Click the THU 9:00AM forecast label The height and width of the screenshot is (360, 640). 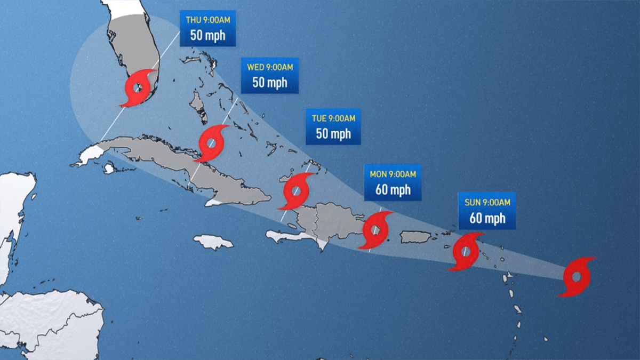click(207, 28)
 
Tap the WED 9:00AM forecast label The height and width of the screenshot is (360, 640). click(269, 75)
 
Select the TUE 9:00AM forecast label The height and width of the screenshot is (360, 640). click(333, 126)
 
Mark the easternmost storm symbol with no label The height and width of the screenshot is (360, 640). click(577, 277)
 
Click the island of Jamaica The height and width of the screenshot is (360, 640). click(213, 242)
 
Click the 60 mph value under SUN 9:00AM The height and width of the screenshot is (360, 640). click(487, 218)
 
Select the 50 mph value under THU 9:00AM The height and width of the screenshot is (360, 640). click(207, 36)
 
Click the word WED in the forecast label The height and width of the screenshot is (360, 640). click(254, 67)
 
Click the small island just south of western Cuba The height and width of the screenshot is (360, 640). click(109, 169)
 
